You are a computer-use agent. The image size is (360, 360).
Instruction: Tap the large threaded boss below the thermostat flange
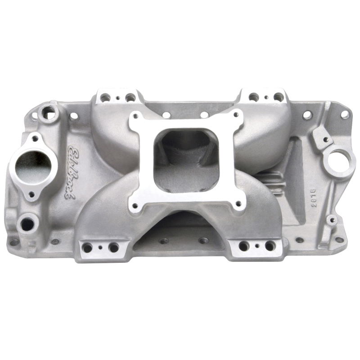pyautogui.click(x=28, y=223)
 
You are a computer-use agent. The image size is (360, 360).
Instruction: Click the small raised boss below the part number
pyautogui.click(x=332, y=220)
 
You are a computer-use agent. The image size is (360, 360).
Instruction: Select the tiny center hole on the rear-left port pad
pyautogui.click(x=117, y=98)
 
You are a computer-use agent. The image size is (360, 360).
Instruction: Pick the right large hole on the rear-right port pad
pyautogui.click(x=279, y=97)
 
